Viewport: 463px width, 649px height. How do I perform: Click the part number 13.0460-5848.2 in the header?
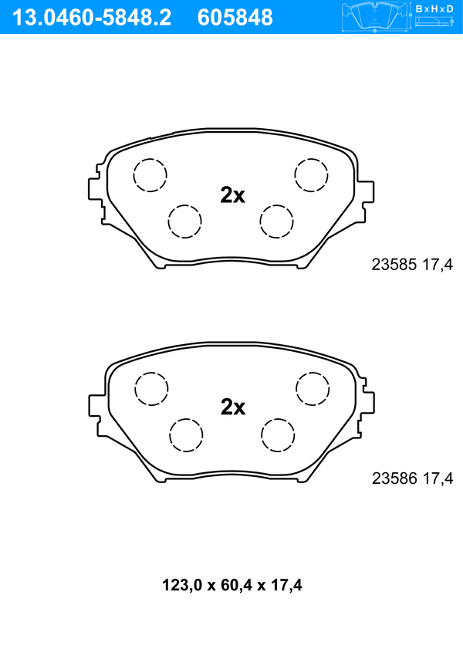92,18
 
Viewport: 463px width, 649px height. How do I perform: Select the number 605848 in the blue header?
235,18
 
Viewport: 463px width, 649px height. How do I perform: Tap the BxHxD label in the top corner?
434,8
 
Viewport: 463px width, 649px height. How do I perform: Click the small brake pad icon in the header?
374,17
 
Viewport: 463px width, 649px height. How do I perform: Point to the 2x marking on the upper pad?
232,195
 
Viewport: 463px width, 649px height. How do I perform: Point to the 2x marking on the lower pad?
233,407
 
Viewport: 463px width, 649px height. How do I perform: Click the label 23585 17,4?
412,265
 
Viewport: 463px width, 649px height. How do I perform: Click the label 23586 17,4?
413,478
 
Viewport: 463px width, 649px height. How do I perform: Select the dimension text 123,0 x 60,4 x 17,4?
231,585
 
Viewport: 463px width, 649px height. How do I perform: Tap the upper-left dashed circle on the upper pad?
150,174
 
